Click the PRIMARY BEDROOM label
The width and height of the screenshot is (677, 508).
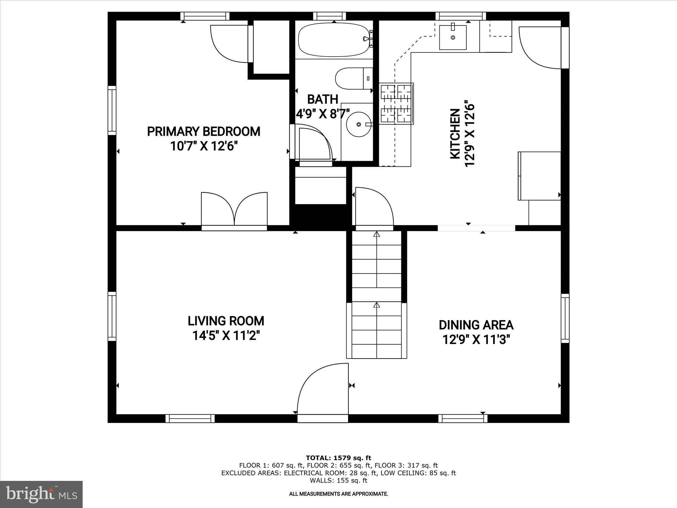[204, 131]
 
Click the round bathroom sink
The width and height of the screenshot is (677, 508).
[359, 124]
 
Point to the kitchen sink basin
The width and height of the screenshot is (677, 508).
[453, 37]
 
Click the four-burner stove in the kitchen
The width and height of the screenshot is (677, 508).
[396, 104]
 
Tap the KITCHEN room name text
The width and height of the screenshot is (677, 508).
[455, 134]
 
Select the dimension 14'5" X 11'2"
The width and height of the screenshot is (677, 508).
[226, 336]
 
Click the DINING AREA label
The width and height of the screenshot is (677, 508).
[476, 325]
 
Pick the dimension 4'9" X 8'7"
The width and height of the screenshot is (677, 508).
[323, 114]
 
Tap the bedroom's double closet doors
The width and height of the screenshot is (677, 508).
[234, 210]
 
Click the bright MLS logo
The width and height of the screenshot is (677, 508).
[41, 494]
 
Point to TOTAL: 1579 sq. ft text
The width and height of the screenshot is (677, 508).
[338, 458]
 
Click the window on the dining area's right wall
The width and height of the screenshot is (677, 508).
[565, 318]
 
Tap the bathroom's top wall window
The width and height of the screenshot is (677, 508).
[329, 16]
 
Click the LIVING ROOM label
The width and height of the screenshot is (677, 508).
[226, 321]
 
